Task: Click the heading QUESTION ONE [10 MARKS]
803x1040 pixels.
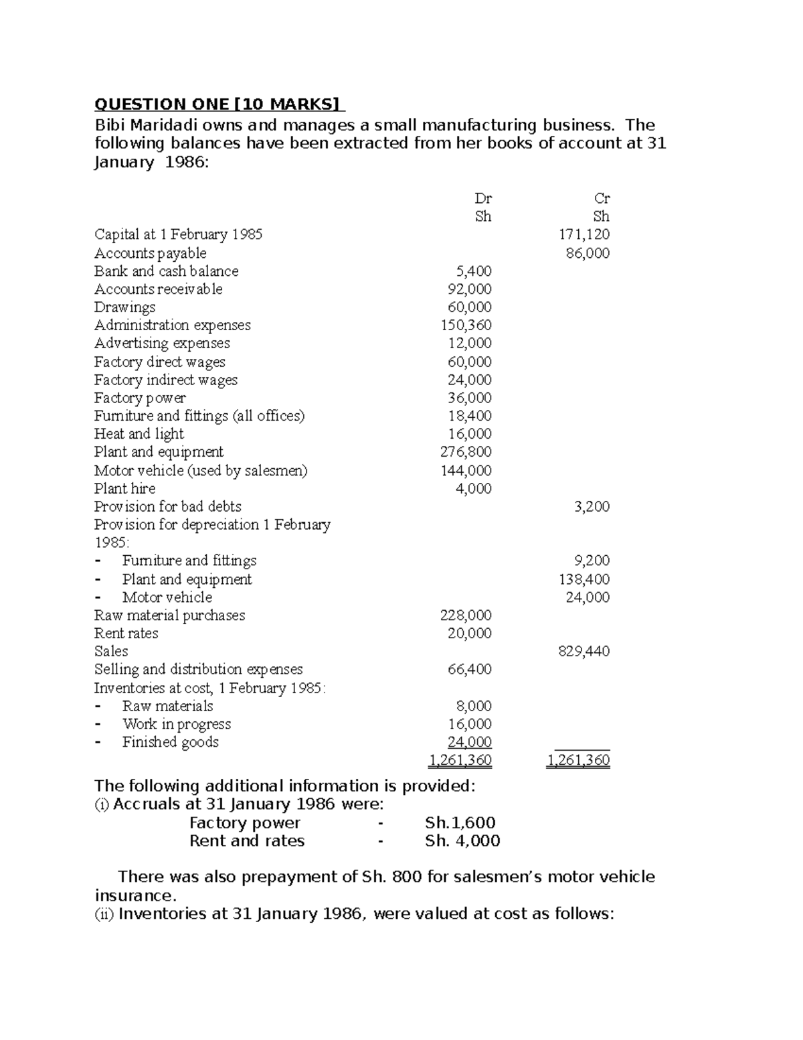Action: point(219,104)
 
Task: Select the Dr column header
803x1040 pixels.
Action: point(482,198)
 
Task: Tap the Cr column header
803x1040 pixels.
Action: point(602,198)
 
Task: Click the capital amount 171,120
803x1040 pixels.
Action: point(584,234)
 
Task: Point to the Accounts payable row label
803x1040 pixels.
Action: point(150,253)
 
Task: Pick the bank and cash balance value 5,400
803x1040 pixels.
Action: point(473,271)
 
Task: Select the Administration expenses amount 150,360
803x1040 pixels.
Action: point(466,325)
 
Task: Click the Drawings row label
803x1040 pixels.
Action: point(124,307)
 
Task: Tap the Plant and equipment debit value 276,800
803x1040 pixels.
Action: point(466,452)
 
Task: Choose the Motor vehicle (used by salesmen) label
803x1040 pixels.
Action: point(201,471)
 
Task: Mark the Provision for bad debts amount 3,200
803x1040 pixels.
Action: point(592,507)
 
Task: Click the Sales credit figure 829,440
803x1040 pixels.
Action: point(584,652)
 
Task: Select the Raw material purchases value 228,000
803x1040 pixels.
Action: point(466,615)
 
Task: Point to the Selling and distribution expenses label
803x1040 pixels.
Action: point(198,670)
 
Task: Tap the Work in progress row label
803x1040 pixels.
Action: point(176,724)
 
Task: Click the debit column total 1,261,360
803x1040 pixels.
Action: point(460,760)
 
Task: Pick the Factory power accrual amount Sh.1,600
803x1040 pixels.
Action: point(460,823)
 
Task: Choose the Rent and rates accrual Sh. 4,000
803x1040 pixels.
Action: point(462,841)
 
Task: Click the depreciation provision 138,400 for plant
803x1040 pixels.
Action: point(584,579)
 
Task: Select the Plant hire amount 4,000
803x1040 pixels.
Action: point(473,489)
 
